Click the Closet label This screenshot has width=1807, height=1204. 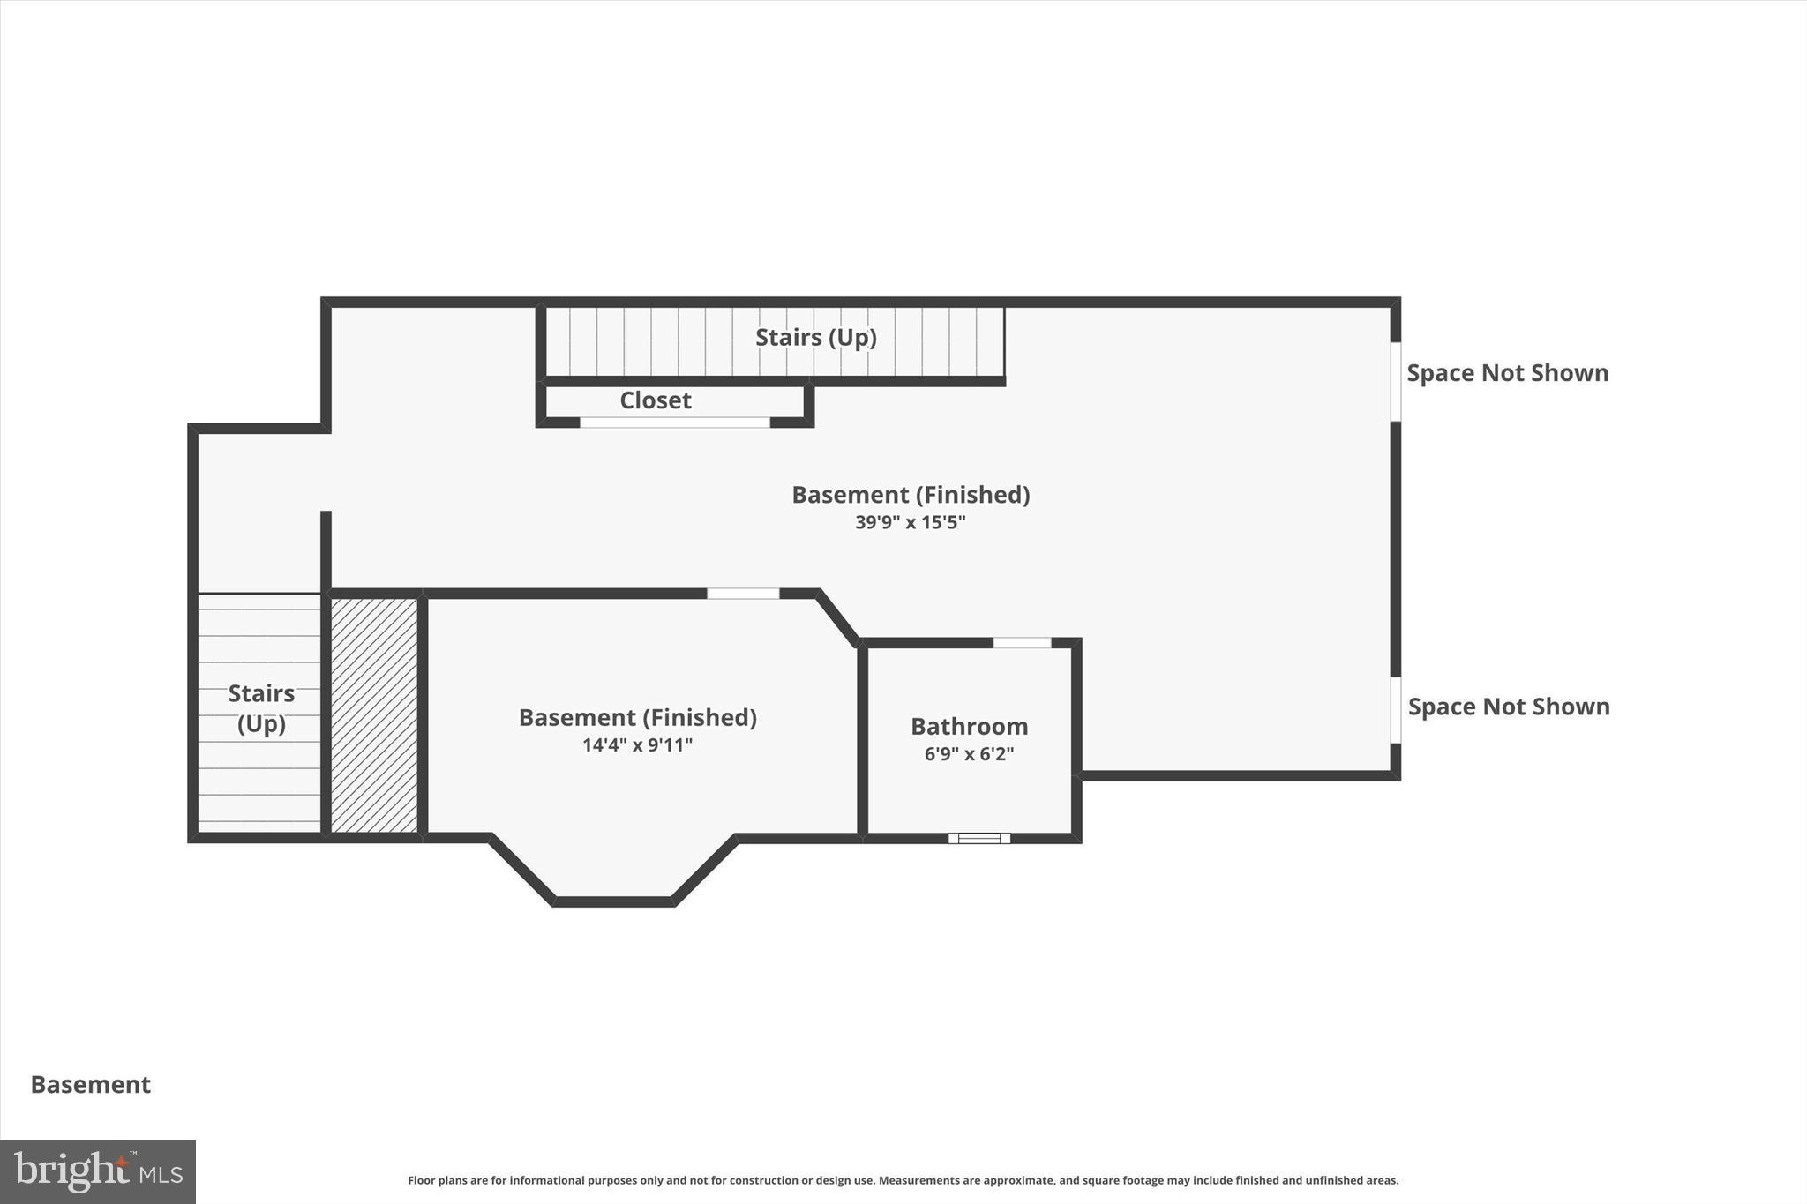point(655,400)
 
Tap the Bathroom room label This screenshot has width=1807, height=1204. point(969,727)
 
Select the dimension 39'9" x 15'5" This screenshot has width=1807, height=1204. point(910,522)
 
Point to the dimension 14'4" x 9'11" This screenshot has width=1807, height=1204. point(637,745)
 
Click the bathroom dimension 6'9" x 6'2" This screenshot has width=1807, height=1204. point(969,754)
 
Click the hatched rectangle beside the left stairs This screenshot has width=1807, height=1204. point(374,714)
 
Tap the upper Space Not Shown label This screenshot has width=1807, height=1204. point(1507,373)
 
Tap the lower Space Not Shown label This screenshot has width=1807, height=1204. point(1508,707)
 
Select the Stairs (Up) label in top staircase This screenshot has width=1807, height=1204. point(815,338)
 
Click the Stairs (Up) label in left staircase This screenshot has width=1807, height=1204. point(261,708)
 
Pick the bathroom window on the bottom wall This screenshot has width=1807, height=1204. point(979,838)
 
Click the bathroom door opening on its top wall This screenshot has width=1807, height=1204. point(1022,643)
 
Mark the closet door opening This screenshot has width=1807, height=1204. point(674,423)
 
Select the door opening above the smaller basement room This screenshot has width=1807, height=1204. point(743,594)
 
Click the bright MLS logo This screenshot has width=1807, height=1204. point(98,1171)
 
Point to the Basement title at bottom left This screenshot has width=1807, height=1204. point(91,1085)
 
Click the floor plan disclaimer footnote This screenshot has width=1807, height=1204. point(903,1180)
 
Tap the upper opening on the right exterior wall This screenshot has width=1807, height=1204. point(1396,381)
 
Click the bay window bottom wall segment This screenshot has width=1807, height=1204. point(613,901)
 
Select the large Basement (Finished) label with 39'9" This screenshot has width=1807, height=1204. point(910,495)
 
